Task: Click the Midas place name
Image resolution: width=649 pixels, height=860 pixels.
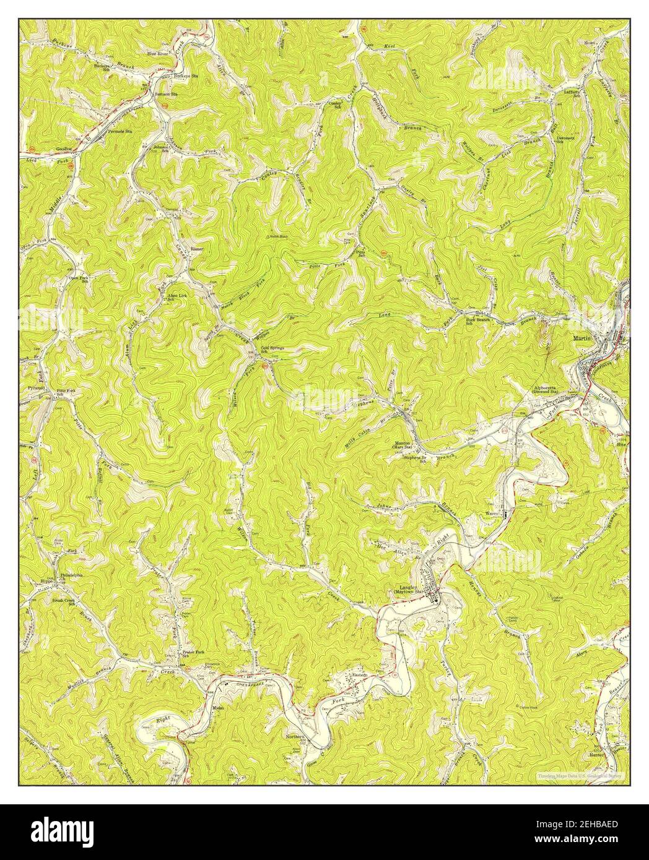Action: click(x=217, y=707)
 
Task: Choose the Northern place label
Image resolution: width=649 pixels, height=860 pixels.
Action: click(x=295, y=737)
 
